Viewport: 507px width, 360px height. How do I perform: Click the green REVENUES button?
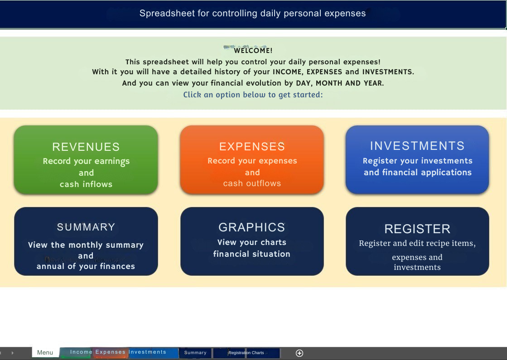click(86, 160)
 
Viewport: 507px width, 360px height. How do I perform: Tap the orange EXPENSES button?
click(252, 160)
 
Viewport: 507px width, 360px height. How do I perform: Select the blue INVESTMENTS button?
click(417, 160)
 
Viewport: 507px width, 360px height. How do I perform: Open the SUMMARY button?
click(86, 241)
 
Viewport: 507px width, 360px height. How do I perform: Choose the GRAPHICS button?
click(252, 241)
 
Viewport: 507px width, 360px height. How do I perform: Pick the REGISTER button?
click(417, 241)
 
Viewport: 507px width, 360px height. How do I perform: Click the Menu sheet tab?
click(45, 352)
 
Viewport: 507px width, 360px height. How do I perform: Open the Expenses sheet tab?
click(110, 352)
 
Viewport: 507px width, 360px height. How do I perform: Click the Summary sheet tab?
click(195, 353)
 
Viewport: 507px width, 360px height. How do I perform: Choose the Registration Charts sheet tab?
click(246, 353)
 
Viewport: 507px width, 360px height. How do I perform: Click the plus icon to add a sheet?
click(299, 353)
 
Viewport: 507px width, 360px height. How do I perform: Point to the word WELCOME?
click(253, 50)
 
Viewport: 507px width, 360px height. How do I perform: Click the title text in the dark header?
click(252, 13)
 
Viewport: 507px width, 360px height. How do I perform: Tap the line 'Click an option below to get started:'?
click(253, 95)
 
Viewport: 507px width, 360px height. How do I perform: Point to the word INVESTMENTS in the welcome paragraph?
click(388, 72)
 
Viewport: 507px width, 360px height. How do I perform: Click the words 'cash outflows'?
click(252, 183)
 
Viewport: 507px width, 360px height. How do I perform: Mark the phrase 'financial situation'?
click(251, 254)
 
